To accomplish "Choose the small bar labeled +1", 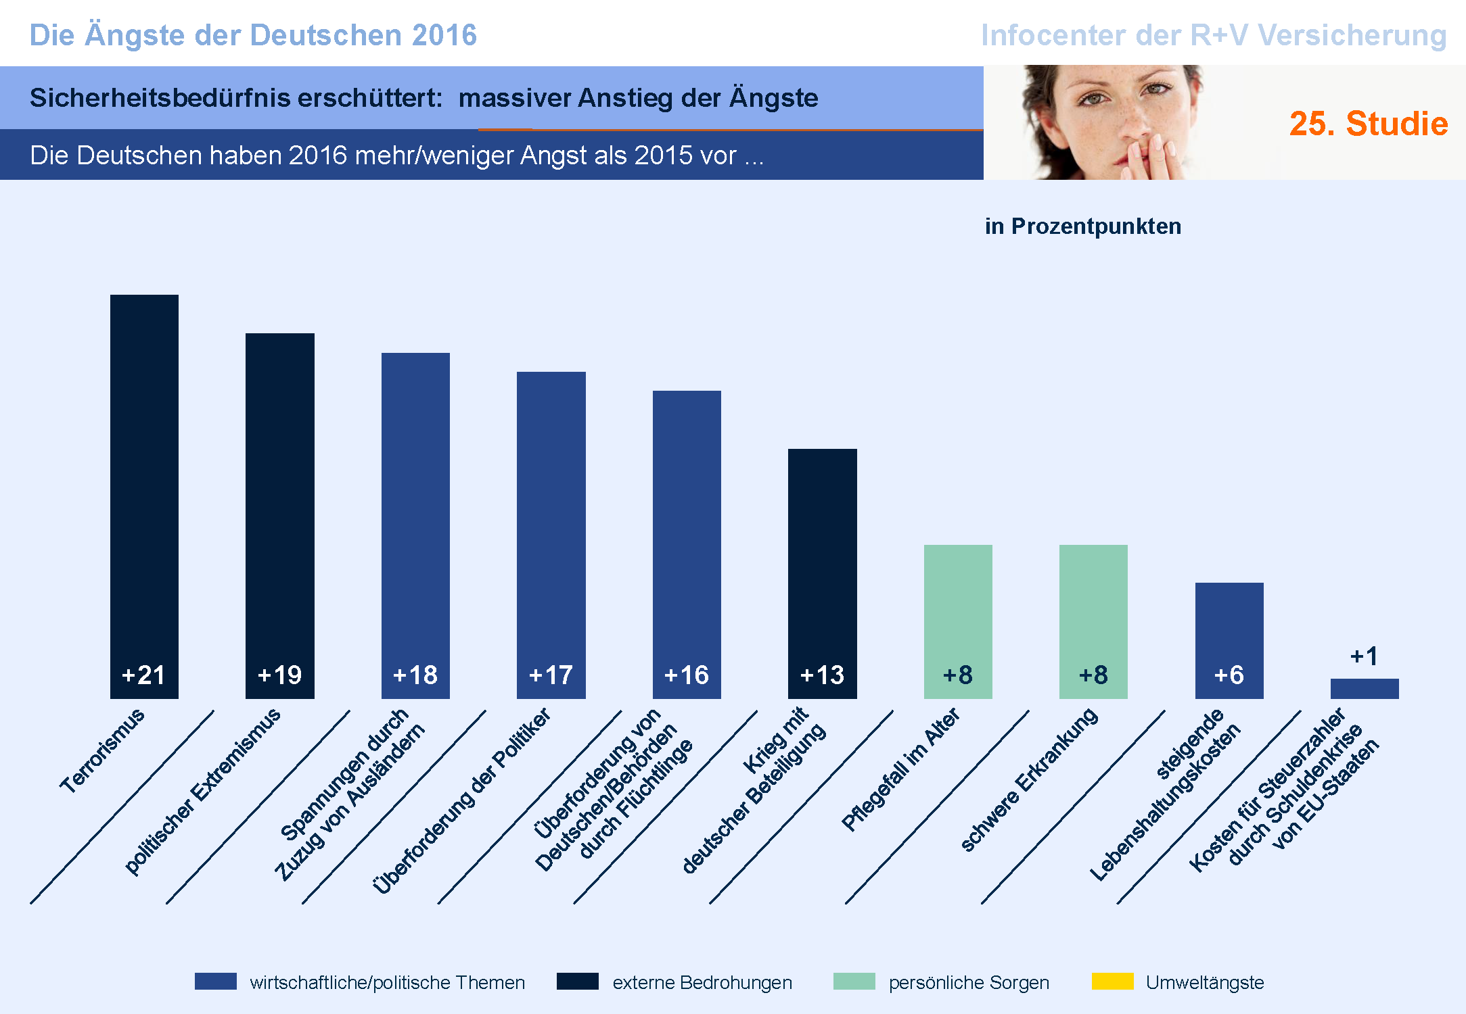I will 1365,689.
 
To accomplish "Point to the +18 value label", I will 415,675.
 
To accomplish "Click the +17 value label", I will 551,675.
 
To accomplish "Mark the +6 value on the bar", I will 1229,675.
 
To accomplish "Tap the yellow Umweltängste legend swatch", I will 1112,982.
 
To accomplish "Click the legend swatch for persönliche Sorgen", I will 854,982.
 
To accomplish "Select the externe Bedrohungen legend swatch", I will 577,982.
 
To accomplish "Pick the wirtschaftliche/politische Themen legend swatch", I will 215,982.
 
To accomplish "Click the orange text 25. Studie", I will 1368,124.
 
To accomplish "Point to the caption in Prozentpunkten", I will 1082,226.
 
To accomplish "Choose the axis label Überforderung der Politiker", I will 461,801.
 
